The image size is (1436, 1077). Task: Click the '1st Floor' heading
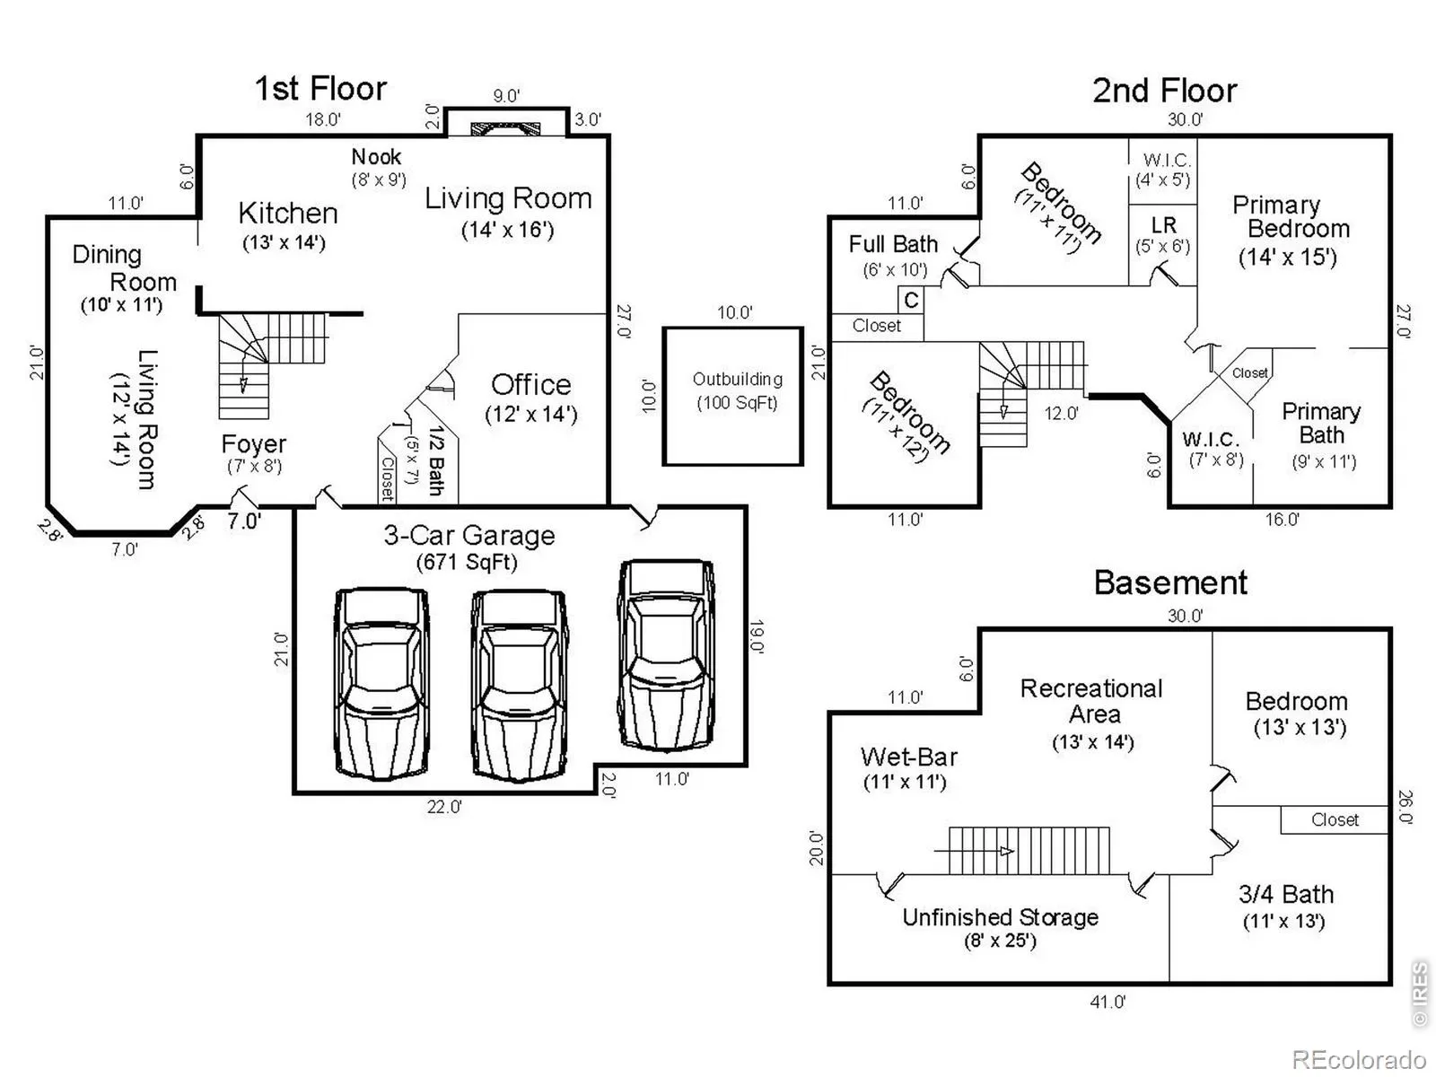[x=320, y=89]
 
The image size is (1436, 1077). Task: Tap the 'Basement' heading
[x=1170, y=582]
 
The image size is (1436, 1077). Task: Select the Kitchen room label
[x=288, y=214]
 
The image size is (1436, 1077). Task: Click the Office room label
[x=530, y=385]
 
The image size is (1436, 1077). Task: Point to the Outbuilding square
[x=732, y=396]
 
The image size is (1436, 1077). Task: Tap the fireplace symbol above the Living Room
[x=506, y=128]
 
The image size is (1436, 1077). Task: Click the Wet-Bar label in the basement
[x=908, y=757]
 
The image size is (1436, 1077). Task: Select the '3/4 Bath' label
[x=1285, y=895]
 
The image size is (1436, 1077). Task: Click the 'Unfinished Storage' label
[x=1000, y=917]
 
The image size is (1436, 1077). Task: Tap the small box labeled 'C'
[x=911, y=300]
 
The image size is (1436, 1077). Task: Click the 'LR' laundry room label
[x=1163, y=224]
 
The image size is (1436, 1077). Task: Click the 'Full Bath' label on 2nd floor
[x=893, y=244]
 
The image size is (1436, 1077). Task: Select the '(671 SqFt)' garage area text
[x=467, y=563]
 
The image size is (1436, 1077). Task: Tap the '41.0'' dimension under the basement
[x=1107, y=1002]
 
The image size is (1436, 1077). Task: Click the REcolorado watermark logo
[x=1359, y=1060]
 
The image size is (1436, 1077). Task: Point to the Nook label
[x=376, y=157]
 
